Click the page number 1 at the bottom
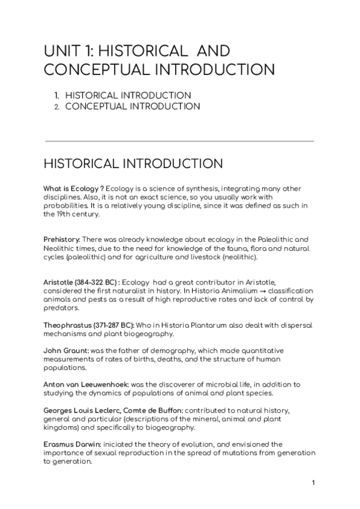pyautogui.click(x=313, y=483)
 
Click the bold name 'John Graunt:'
pyautogui.click(x=64, y=351)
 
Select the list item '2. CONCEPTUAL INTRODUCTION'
pyautogui.click(x=127, y=106)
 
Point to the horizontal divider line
pyautogui.click(x=180, y=142)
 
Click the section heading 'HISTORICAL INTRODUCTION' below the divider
pyautogui.click(x=134, y=164)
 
